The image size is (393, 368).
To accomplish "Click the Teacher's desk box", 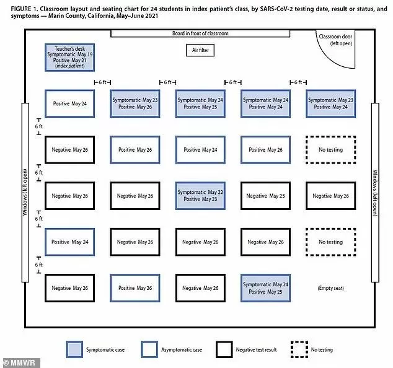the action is point(69,58).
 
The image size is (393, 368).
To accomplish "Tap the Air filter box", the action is point(200,50).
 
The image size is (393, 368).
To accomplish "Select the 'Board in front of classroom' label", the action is point(200,33).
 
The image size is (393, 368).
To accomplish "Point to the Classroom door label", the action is point(335,40).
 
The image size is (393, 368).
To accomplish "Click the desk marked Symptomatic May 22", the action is point(200,196).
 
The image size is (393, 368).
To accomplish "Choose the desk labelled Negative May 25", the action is point(265,196).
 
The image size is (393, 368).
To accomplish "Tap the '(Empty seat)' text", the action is point(330,288).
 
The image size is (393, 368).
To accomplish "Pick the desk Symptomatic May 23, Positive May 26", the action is point(135,103).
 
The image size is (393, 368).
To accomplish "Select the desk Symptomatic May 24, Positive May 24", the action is point(265,103).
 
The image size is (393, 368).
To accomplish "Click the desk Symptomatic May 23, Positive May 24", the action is point(330,103).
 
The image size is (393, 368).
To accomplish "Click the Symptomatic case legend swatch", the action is point(74,349).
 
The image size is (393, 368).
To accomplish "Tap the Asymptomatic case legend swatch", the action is point(149,349).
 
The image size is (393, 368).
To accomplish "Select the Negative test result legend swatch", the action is point(224,349).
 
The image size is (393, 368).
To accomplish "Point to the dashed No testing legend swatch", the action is point(299,349).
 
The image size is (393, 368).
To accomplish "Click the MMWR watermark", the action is point(20,363).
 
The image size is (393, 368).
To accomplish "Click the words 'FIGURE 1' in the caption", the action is point(24,9).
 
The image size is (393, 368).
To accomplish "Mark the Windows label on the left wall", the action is point(25,193).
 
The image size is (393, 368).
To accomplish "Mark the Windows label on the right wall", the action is point(375,193).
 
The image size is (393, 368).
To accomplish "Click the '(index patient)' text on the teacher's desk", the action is point(69,66).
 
